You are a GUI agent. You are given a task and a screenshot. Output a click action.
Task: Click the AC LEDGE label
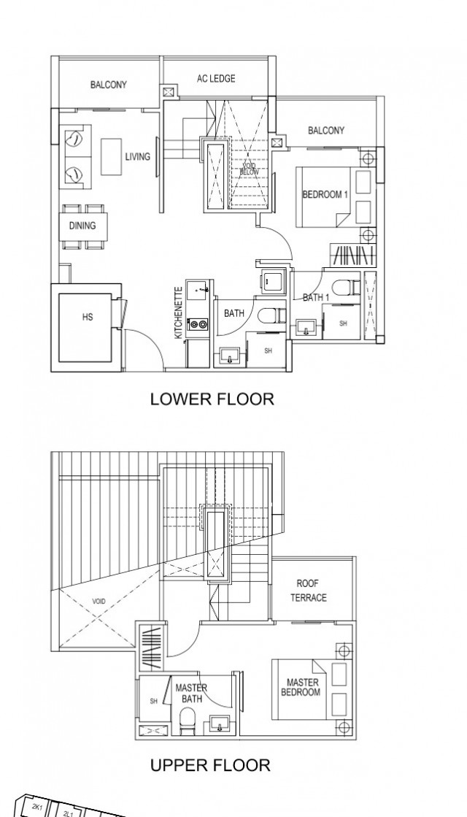coord(216,79)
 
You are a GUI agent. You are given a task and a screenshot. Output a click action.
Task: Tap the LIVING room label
coord(137,156)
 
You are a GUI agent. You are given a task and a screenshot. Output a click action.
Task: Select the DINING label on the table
coord(82,226)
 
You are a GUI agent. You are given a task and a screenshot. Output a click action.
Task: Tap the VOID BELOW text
coord(250,169)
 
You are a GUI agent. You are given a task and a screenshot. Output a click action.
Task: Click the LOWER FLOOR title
coord(212,399)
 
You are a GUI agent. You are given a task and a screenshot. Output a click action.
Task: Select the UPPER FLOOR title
coord(210,765)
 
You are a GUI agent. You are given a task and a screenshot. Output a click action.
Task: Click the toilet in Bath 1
coord(341,288)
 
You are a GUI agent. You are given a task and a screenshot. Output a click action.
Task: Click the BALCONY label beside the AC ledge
coord(109,85)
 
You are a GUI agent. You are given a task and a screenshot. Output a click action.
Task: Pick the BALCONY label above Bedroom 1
coord(325,131)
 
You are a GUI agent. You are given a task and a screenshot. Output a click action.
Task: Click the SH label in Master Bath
coord(154,701)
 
